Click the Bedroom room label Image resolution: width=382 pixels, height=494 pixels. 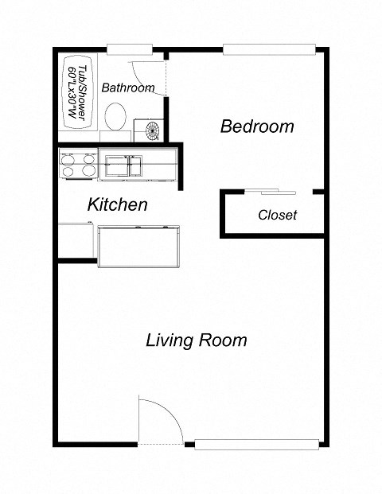[257, 126]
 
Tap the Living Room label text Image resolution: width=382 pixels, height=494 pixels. [196, 340]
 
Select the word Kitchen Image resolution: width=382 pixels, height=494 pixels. [117, 204]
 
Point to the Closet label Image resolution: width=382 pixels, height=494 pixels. [277, 215]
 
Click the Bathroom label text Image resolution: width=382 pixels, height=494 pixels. [127, 88]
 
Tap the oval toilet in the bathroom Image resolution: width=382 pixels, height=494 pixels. [116, 116]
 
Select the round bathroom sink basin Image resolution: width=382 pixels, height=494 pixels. [150, 128]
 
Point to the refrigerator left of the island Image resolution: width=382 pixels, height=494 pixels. [76, 241]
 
